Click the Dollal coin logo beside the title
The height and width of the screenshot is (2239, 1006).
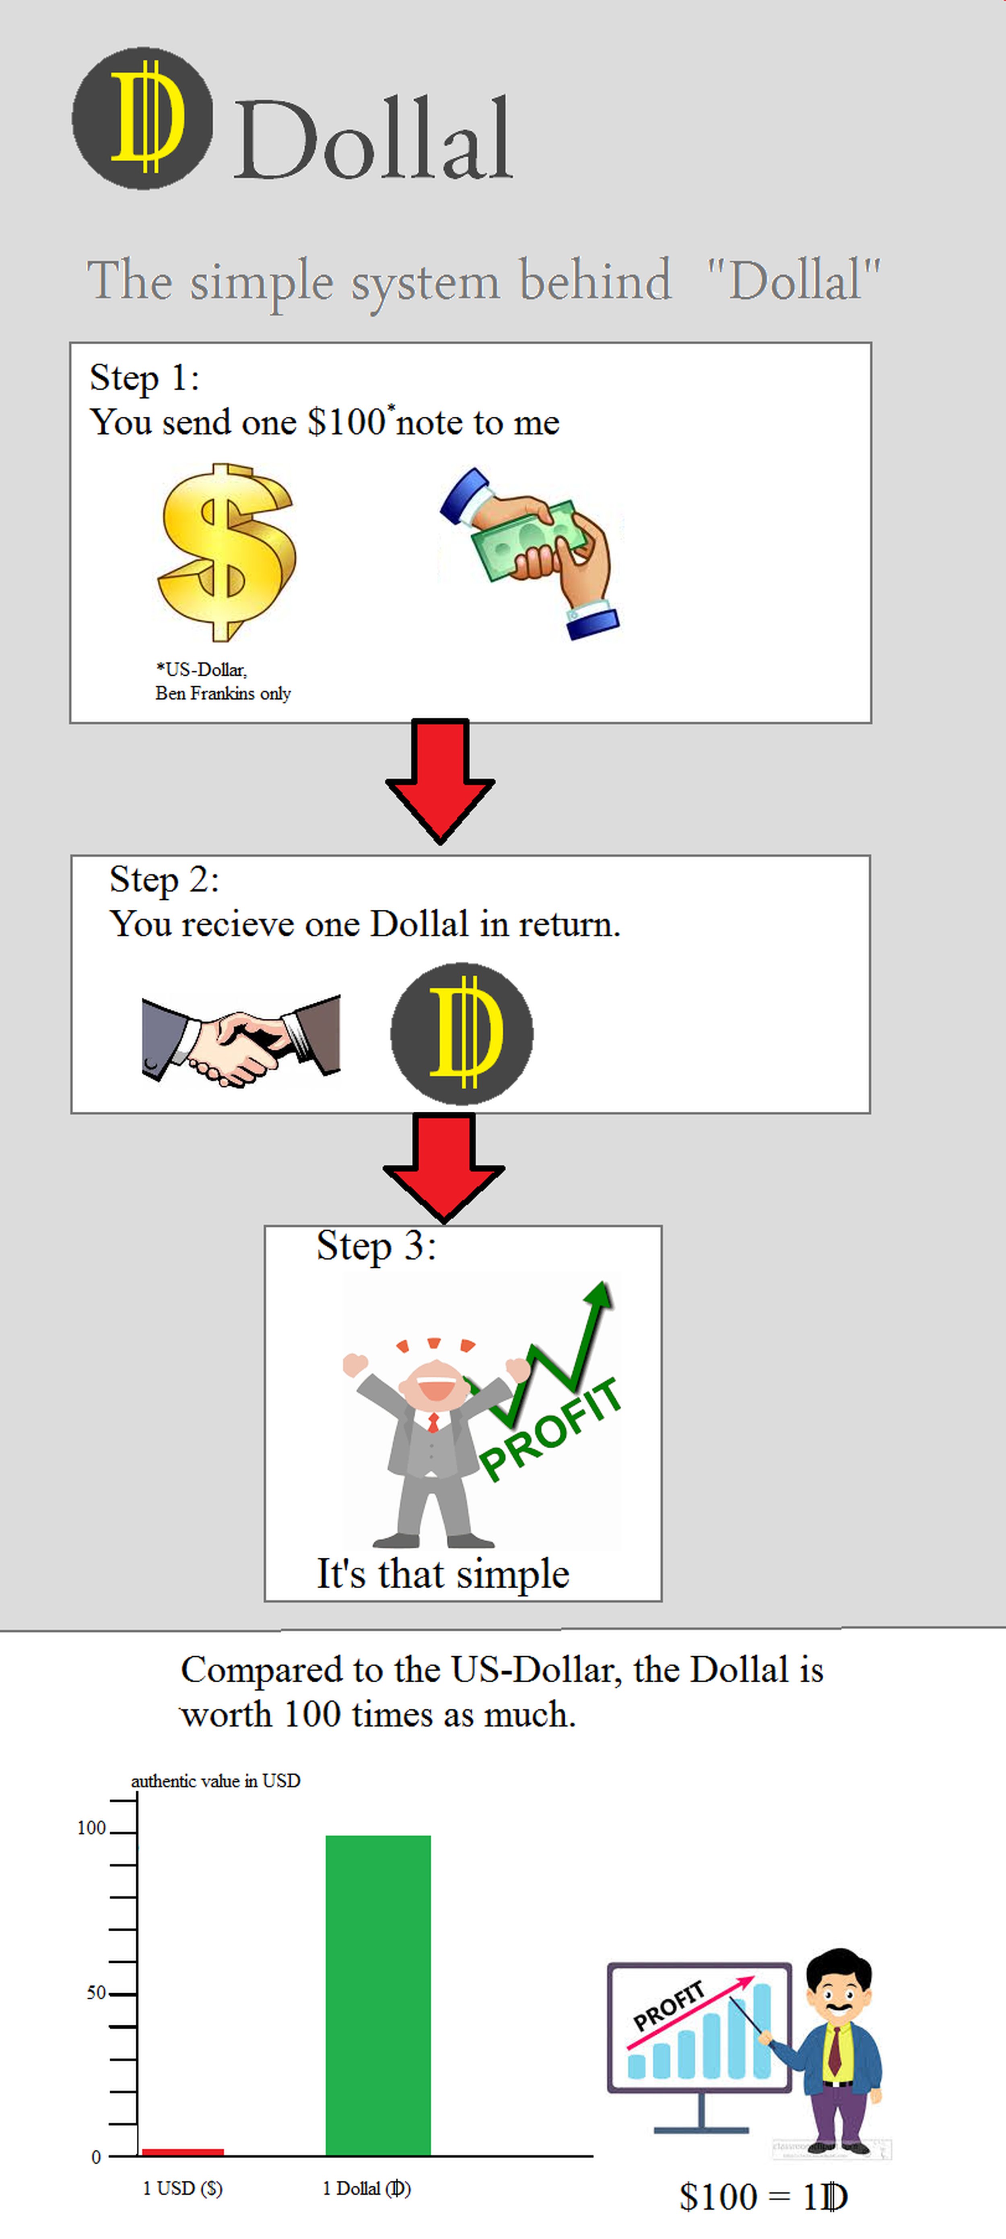pyautogui.click(x=142, y=118)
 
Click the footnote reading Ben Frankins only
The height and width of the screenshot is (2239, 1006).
pyautogui.click(x=223, y=694)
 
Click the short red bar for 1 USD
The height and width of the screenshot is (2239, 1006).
pyautogui.click(x=183, y=2151)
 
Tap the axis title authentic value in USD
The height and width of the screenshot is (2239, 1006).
pyautogui.click(x=216, y=1781)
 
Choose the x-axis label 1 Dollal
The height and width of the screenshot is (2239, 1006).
pyautogui.click(x=366, y=2189)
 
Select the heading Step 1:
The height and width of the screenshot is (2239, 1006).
pyautogui.click(x=144, y=378)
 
